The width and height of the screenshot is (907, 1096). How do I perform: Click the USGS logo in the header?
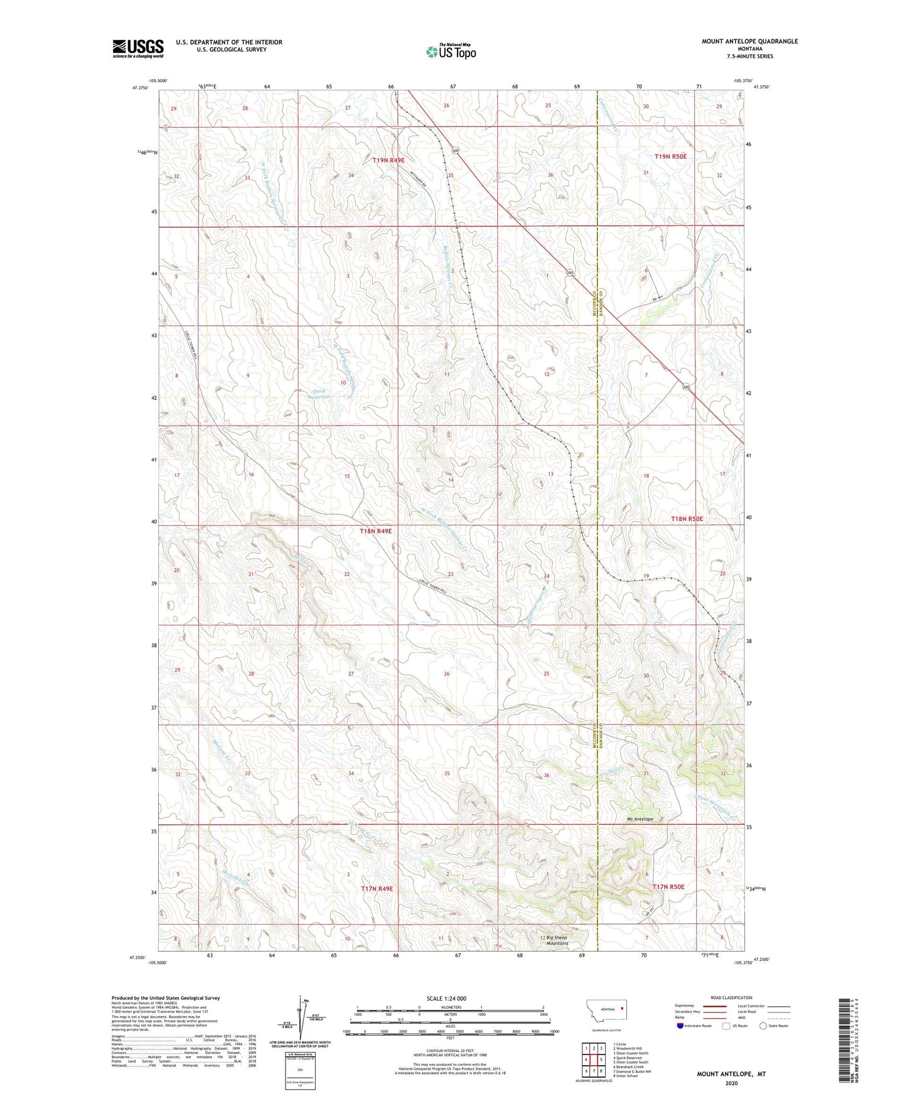tap(138, 48)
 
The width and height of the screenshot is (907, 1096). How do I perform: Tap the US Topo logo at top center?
tap(450, 51)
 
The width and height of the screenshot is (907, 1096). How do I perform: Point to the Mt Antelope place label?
tap(640, 819)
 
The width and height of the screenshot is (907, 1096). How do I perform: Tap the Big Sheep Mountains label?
tap(556, 940)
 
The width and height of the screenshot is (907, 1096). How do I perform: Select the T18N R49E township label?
tap(375, 531)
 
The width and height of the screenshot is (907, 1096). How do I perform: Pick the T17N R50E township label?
tap(668, 887)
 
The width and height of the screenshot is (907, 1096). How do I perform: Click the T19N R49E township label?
tap(389, 161)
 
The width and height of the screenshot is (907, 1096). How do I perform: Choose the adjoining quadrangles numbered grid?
tap(593, 1056)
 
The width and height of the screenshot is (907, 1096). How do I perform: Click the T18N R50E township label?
tap(687, 519)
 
